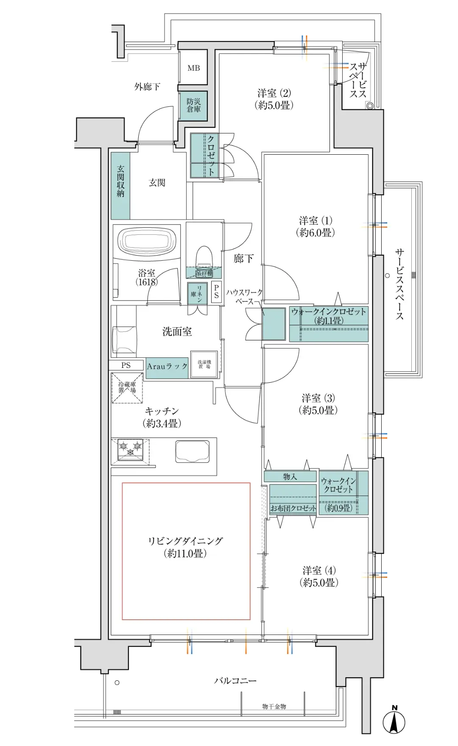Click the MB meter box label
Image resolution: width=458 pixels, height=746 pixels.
(x=194, y=68)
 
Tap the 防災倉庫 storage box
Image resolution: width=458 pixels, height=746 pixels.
(x=193, y=105)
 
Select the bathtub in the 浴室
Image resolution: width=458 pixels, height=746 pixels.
(x=146, y=241)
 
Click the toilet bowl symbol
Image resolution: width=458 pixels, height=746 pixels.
(x=204, y=256)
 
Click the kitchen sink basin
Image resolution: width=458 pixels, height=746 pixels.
(x=193, y=451)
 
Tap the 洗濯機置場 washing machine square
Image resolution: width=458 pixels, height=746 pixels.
(x=204, y=364)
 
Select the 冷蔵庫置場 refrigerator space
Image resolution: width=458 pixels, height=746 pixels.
(x=127, y=388)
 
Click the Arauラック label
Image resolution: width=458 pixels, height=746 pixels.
(x=167, y=366)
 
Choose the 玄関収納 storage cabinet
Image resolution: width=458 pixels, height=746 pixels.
(x=120, y=185)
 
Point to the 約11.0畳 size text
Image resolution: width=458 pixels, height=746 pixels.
(x=185, y=553)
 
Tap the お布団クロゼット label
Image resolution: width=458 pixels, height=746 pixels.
(x=293, y=508)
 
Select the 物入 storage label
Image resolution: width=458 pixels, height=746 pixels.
(x=290, y=476)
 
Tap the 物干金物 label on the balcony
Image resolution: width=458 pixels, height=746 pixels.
(x=274, y=706)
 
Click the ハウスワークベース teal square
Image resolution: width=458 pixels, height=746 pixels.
(x=274, y=324)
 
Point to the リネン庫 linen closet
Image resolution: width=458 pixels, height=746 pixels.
(x=197, y=294)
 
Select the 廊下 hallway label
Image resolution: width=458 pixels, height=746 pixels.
(x=243, y=258)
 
